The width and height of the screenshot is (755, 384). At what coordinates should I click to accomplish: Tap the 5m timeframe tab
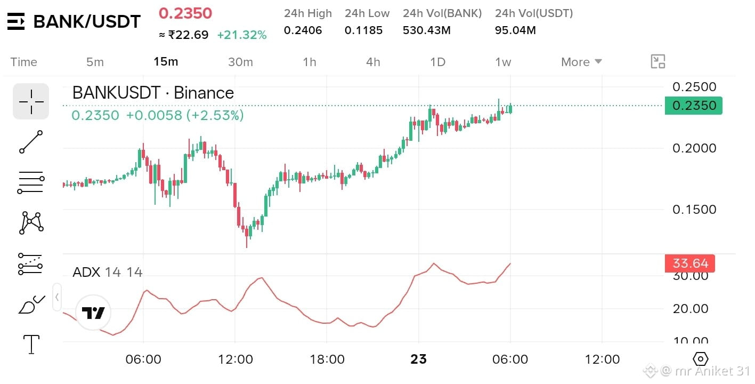[x=95, y=62]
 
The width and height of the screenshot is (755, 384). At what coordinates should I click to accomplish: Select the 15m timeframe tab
[x=166, y=62]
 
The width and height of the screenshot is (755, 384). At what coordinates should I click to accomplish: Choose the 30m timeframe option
[x=240, y=62]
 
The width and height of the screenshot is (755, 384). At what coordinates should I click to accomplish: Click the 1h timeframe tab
[x=310, y=62]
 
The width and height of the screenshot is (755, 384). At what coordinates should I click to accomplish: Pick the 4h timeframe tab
[x=373, y=62]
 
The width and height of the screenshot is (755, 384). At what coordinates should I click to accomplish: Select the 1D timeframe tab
[x=438, y=62]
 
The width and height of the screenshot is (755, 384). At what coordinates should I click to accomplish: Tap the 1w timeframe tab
[x=503, y=62]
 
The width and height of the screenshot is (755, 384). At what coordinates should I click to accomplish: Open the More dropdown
[x=581, y=62]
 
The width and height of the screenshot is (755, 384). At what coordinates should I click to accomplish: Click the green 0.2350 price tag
[x=694, y=106]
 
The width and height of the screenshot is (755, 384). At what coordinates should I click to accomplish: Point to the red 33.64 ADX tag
[x=690, y=263]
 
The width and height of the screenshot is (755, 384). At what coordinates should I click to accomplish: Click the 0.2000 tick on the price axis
[x=694, y=148]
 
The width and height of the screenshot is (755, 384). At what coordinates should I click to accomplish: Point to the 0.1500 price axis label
[x=694, y=210]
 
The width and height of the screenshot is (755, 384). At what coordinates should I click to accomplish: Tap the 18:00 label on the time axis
[x=327, y=359]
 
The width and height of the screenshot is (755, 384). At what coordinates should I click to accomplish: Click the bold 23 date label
[x=419, y=359]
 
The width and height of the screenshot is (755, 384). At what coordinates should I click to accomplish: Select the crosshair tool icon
[x=31, y=101]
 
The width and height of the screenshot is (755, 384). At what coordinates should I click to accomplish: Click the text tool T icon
[x=31, y=345]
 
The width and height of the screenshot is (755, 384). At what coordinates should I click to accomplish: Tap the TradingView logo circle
[x=93, y=313]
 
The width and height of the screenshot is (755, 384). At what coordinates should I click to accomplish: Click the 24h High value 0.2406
[x=303, y=30]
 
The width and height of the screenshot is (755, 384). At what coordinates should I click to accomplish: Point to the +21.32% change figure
[x=242, y=35]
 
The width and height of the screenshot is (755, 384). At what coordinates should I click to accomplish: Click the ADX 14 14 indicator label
[x=108, y=273]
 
